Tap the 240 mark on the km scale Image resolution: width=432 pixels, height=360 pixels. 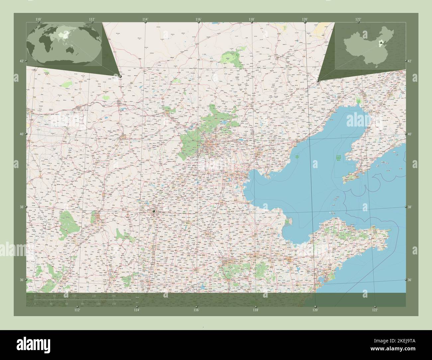click(x=114, y=296)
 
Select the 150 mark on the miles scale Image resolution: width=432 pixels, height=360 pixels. click(x=114, y=304)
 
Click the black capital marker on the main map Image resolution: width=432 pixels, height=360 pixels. click(x=154, y=211)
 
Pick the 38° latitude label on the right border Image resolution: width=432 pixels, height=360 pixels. click(x=410, y=207)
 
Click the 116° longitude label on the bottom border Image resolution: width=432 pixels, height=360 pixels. click(x=196, y=310)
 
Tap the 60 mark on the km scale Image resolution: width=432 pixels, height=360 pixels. click(x=54, y=296)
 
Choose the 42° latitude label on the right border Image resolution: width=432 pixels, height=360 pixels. click(x=410, y=61)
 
